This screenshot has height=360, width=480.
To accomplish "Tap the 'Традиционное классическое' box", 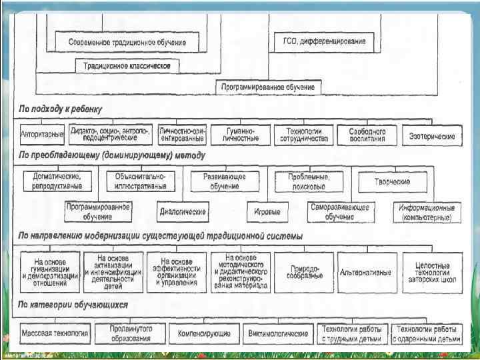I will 127,65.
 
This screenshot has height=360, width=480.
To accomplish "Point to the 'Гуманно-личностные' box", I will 241,135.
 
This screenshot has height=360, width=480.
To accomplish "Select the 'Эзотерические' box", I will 432,135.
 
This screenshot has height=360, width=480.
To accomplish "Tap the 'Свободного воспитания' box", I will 367,135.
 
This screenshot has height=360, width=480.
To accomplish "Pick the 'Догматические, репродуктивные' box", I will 57,181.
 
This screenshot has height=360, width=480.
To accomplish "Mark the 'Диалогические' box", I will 183,212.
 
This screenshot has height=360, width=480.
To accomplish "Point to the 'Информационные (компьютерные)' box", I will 426,212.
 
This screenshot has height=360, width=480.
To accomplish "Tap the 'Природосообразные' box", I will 303,273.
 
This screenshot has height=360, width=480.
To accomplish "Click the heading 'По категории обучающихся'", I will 73,305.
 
